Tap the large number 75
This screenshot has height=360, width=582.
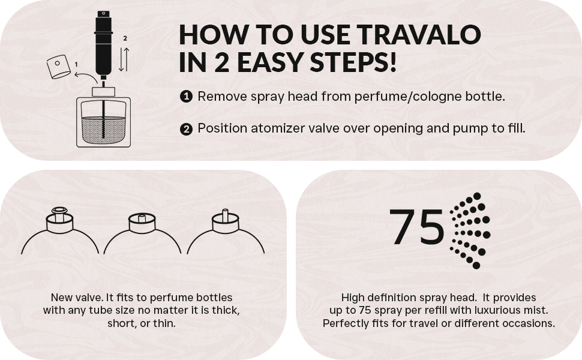point(417,227)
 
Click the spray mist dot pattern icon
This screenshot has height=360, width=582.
point(470,230)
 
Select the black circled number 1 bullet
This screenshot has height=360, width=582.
point(186,97)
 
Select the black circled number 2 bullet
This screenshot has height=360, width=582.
point(186,128)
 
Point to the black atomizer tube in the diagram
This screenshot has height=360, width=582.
point(103,45)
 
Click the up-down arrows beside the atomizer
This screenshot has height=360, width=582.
point(123,57)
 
